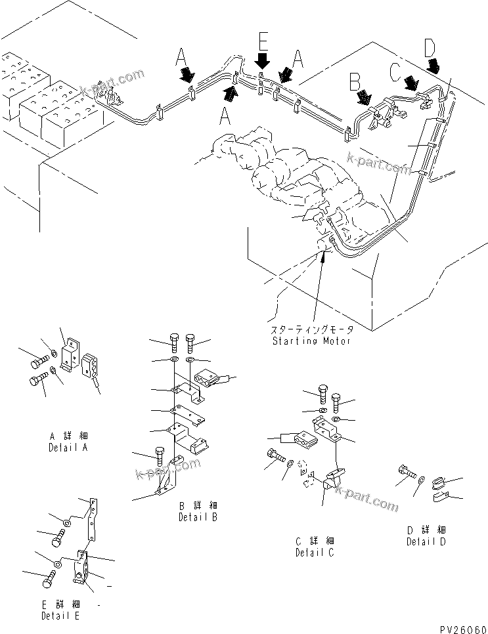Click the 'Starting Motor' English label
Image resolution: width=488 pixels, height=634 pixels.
click(x=311, y=341)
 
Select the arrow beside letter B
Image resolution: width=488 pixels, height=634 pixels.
click(x=363, y=97)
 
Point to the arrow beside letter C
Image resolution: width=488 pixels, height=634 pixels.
click(x=412, y=83)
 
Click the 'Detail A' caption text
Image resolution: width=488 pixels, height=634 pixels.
click(x=68, y=448)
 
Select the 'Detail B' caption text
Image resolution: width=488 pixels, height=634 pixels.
click(x=198, y=517)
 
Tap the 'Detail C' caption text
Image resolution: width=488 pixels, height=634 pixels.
click(x=315, y=551)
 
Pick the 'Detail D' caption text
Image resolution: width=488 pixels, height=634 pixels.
click(x=426, y=541)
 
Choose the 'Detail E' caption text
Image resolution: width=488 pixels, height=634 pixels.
click(x=60, y=616)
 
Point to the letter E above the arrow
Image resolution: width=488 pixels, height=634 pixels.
click(x=262, y=43)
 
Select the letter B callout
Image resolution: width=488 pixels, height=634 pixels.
click(x=355, y=81)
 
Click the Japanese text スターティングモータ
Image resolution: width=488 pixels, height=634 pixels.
click(x=311, y=331)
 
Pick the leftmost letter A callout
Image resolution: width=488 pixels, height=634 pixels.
click(x=181, y=56)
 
